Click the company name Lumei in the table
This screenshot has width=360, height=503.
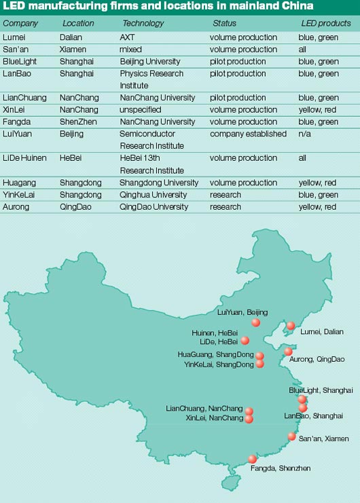[14, 37]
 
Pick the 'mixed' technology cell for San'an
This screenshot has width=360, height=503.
[131, 50]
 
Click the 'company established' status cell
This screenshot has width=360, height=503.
[248, 134]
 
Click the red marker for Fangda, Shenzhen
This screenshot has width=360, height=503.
[253, 459]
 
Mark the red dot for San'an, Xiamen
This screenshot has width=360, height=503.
[292, 436]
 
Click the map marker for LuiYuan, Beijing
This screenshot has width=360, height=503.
[255, 322]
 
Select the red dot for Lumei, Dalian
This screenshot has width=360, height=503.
[291, 326]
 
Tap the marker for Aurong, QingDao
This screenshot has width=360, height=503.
[289, 352]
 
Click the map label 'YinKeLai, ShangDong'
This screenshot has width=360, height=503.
[214, 365]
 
